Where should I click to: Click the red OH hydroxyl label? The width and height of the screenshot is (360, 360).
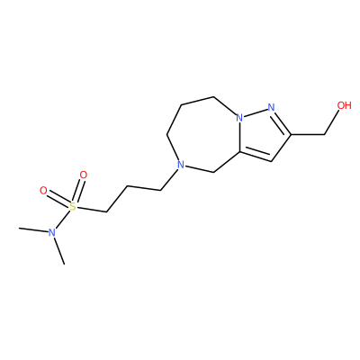click(x=344, y=105)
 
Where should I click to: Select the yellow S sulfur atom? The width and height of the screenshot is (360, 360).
click(x=73, y=206)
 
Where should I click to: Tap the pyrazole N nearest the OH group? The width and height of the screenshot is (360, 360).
click(x=271, y=107)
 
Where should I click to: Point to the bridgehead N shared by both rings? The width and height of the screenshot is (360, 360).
click(x=239, y=118)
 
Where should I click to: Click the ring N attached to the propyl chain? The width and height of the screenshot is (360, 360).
click(x=180, y=165)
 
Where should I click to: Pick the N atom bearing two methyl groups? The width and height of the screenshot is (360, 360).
click(x=52, y=232)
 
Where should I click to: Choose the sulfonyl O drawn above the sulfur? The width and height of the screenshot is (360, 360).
click(x=83, y=175)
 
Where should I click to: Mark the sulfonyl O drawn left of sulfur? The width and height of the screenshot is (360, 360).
click(x=43, y=191)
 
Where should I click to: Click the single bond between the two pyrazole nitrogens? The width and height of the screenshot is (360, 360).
click(x=255, y=112)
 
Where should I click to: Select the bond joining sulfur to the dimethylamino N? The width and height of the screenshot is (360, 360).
click(x=63, y=219)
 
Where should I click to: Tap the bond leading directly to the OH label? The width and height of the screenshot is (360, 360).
click(x=332, y=122)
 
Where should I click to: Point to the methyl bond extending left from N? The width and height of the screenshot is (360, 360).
click(x=33, y=230)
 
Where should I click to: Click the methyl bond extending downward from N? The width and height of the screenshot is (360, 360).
click(x=59, y=251)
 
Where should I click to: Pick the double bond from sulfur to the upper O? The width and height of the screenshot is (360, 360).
click(x=78, y=191)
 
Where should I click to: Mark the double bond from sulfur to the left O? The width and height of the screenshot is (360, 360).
click(x=58, y=198)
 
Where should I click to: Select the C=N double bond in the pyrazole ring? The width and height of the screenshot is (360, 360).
click(x=283, y=123)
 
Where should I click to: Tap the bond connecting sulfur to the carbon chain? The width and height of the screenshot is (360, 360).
click(x=91, y=210)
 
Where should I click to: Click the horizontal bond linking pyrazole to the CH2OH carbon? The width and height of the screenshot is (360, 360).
click(x=308, y=134)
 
